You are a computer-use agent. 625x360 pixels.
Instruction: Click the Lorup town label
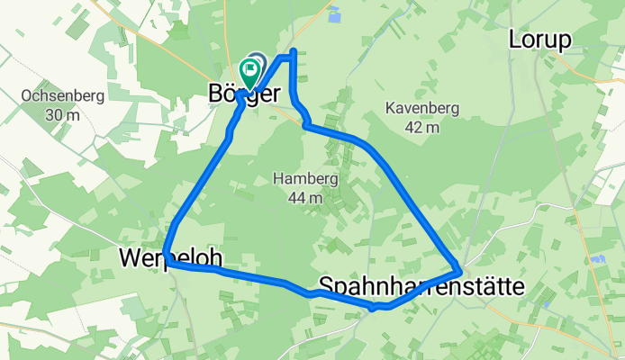(540, 40)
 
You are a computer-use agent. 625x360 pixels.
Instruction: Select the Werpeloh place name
(170, 258)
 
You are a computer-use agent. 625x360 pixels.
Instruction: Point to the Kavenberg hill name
(421, 108)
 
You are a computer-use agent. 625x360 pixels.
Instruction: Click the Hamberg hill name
(305, 179)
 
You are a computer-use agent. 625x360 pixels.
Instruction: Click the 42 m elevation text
(421, 127)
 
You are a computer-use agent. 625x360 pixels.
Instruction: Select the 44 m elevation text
(305, 198)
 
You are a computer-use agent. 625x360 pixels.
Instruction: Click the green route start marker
(249, 71)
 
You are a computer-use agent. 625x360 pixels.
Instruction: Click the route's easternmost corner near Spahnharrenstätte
(461, 270)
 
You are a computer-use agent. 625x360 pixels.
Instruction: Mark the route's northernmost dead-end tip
(295, 49)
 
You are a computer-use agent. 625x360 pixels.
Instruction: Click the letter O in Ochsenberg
(25, 95)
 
